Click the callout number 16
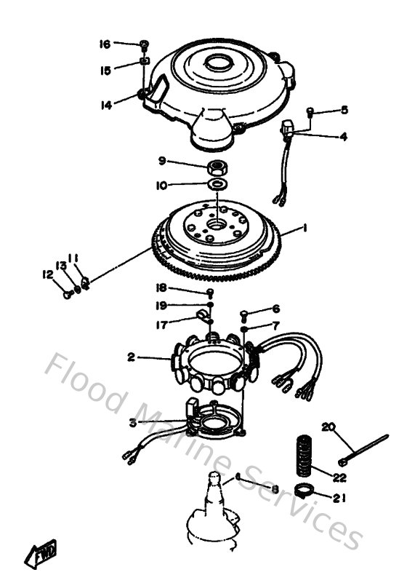(x=105, y=44)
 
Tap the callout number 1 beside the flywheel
(x=305, y=229)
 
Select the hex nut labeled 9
(x=217, y=167)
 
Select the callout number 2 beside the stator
(x=131, y=357)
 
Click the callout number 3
(x=132, y=422)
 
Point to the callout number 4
(x=344, y=136)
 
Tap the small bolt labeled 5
(x=310, y=111)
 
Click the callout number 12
(x=47, y=274)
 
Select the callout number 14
(x=106, y=105)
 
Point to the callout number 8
(x=275, y=490)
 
